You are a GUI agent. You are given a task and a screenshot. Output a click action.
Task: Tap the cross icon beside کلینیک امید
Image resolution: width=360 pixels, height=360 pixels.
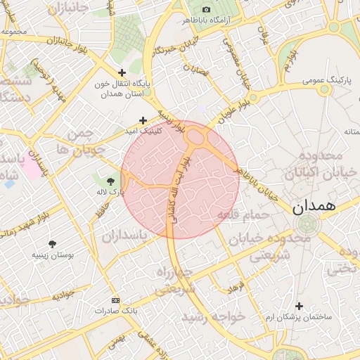pos(143,121)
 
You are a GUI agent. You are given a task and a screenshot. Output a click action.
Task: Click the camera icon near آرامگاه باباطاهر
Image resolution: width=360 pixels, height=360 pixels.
pos(206,9)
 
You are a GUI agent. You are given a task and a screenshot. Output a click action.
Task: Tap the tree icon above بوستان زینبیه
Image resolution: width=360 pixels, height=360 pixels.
pos(54,244)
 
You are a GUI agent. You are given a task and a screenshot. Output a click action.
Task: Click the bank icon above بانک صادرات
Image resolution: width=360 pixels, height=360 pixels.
pos(116,300)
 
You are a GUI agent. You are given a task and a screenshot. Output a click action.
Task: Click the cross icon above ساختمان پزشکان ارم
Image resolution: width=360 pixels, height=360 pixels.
pos(300,306)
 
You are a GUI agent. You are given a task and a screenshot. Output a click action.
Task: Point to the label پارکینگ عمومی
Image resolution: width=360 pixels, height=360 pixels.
pos(326,80)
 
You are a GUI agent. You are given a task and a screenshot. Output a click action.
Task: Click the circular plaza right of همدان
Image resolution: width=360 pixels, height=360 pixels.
pos(307,225)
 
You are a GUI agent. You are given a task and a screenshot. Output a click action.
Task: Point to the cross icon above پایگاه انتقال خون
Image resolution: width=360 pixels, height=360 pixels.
pos(122,72)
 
